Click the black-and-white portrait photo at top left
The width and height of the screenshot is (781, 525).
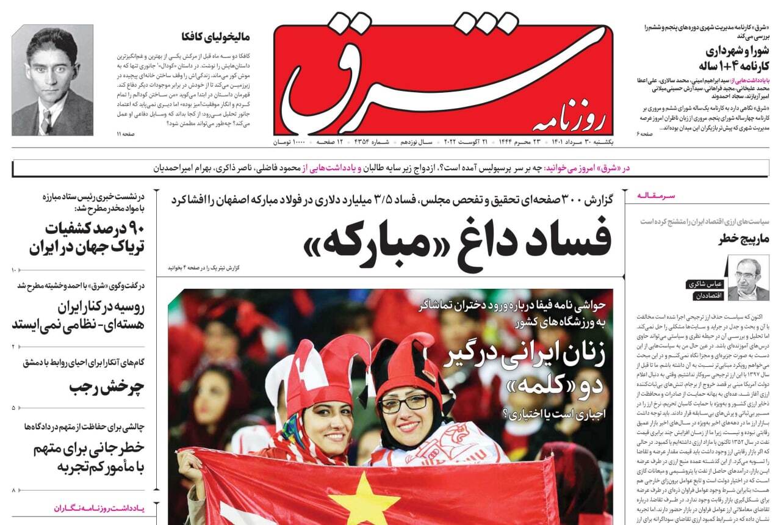[52, 80]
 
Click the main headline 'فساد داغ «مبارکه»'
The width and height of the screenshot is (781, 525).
[458, 240]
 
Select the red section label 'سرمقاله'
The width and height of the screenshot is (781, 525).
[658, 195]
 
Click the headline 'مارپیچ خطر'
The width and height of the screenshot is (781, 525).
[744, 239]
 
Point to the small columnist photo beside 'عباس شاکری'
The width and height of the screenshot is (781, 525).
[748, 278]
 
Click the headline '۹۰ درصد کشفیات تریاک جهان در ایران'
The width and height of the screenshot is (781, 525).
[86, 239]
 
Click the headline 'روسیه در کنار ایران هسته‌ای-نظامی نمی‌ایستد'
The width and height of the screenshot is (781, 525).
[78, 315]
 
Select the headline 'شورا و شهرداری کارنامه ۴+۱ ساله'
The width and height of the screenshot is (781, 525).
[732, 58]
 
